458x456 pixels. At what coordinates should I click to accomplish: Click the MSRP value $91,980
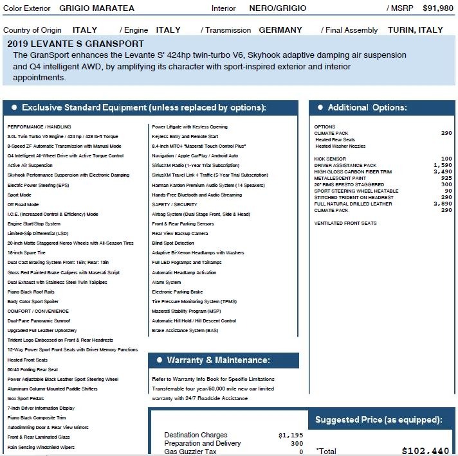(x=437, y=8)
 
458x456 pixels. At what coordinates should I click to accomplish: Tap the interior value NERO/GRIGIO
(x=277, y=8)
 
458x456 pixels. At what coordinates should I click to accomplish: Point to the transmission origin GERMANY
(x=280, y=30)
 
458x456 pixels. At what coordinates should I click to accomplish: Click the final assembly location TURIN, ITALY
(x=416, y=30)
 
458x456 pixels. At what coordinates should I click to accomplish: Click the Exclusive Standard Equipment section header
(x=143, y=108)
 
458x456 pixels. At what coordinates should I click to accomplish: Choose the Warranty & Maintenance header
(x=218, y=360)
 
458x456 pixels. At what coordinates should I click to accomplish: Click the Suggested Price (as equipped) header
(x=378, y=420)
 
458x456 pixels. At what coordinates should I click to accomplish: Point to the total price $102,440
(x=425, y=452)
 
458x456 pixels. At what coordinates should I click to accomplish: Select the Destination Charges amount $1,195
(x=290, y=435)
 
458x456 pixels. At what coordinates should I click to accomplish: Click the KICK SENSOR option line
(x=330, y=159)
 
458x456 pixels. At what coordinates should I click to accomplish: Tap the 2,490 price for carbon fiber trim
(x=443, y=171)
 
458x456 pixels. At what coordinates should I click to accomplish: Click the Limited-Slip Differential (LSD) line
(x=37, y=233)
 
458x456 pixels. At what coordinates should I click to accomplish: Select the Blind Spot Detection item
(x=173, y=243)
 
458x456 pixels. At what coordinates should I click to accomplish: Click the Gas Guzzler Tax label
(x=190, y=452)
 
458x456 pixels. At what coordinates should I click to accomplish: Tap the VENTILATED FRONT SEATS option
(x=345, y=223)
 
